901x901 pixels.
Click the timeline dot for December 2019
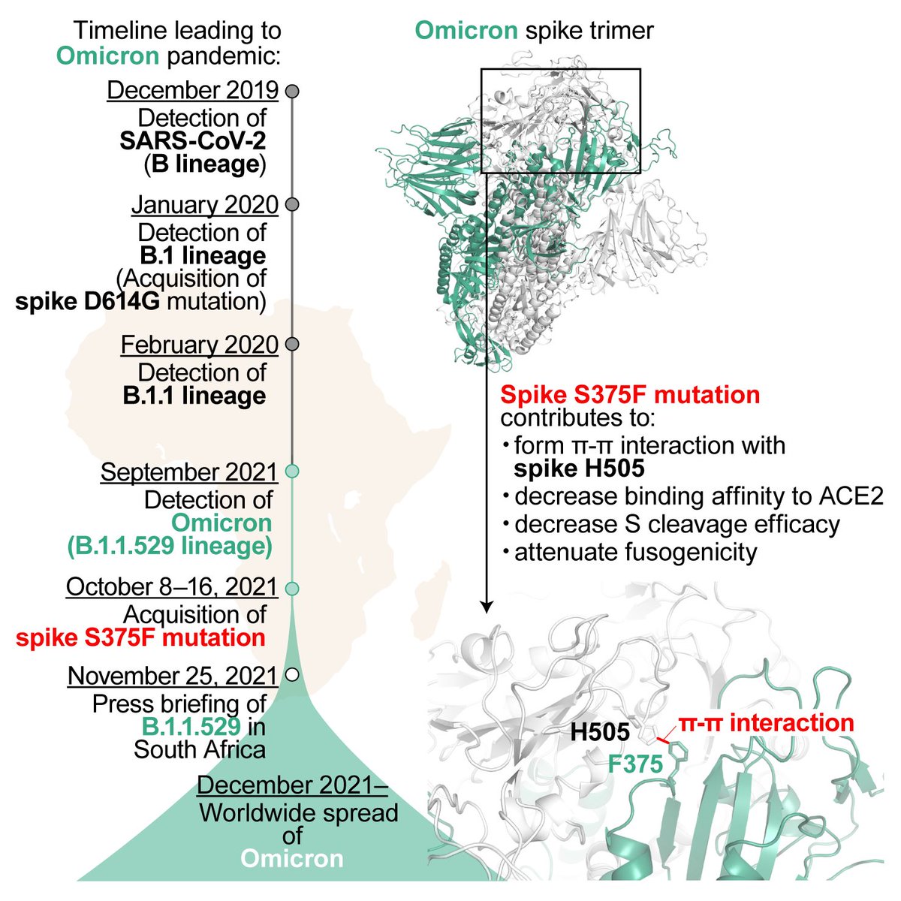pos(293,91)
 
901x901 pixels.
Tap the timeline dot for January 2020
pos(293,204)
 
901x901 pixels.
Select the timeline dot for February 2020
pos(293,344)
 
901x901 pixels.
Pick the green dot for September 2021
pos(293,472)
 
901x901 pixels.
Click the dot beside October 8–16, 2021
pos(293,587)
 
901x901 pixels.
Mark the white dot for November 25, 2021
pos(292,674)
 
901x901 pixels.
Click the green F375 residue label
pos(635,764)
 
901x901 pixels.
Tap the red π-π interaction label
pos(766,723)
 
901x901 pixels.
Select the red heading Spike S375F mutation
pos(630,394)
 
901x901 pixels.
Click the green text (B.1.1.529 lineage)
pos(169,546)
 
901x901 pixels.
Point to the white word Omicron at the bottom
pos(293,858)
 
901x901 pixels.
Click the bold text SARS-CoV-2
pos(193,141)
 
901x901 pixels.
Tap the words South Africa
pos(200,749)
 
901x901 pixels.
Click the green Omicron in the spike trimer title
pos(466,31)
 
